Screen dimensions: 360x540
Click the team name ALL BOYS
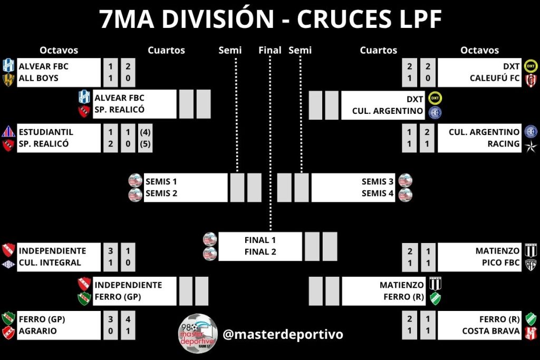point(38,79)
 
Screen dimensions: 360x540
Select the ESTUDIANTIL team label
point(46,132)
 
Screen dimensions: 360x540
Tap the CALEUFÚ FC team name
point(495,79)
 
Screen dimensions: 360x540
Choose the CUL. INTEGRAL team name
point(50,262)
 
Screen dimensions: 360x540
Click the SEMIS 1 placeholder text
point(161,181)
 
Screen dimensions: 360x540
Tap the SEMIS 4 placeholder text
point(378,193)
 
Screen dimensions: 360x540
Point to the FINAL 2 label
point(261,252)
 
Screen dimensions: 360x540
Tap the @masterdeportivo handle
point(283,334)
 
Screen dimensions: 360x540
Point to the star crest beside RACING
point(529,144)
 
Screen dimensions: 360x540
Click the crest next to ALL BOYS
point(8,79)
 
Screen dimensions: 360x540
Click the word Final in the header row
point(270,51)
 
